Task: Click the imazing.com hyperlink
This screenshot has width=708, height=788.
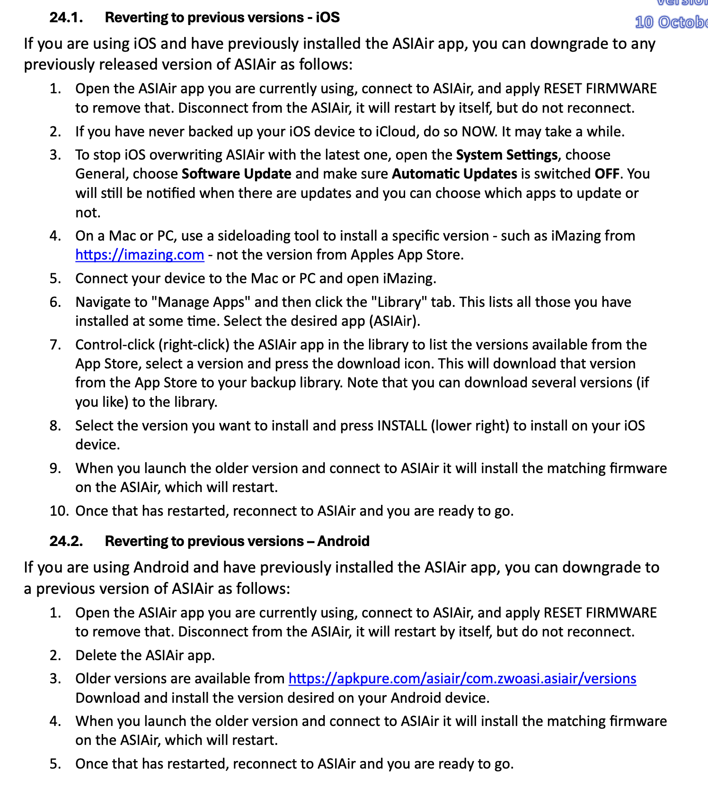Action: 140,255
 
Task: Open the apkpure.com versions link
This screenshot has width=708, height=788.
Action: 462,679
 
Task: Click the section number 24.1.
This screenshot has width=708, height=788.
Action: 66,18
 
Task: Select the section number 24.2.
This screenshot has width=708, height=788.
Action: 66,541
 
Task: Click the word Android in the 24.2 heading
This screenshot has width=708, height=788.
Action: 343,541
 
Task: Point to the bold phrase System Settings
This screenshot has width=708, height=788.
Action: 506,155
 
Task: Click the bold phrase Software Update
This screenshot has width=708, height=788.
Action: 236,174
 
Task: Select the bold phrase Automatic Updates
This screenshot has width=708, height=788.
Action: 454,174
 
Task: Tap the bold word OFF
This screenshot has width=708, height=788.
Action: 607,174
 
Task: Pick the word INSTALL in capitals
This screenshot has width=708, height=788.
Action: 402,426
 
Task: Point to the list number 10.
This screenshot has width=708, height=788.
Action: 59,511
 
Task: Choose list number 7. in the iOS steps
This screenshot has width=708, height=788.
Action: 55,345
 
